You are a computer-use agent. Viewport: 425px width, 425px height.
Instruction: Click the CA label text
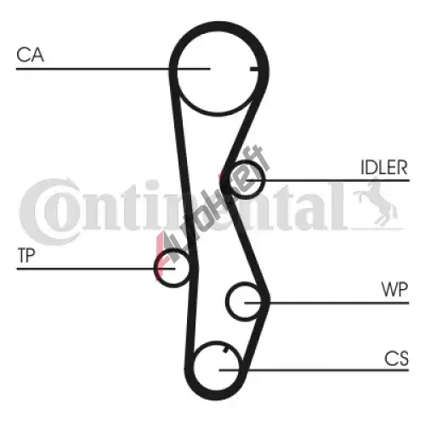[30, 54]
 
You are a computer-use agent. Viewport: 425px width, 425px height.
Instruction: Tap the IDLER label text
[384, 167]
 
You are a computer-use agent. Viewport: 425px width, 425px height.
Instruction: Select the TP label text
[26, 255]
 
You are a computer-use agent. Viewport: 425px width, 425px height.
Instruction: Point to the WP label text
[394, 289]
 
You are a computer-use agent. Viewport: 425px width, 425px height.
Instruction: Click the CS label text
[396, 359]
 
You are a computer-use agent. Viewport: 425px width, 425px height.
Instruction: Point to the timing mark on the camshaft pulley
[254, 69]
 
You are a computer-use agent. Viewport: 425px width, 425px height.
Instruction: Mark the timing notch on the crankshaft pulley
[226, 350]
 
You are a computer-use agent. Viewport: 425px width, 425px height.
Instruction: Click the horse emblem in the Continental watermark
[376, 202]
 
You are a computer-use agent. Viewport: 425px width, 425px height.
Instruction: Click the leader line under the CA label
[113, 69]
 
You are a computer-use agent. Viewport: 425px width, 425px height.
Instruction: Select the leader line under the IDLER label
[327, 180]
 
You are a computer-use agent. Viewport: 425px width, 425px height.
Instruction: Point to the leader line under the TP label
[96, 269]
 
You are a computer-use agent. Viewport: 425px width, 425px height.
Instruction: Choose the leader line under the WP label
[326, 303]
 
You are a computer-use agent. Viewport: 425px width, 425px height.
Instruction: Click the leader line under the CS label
[314, 370]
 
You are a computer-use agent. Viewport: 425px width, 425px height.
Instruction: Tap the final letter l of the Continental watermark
[339, 206]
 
